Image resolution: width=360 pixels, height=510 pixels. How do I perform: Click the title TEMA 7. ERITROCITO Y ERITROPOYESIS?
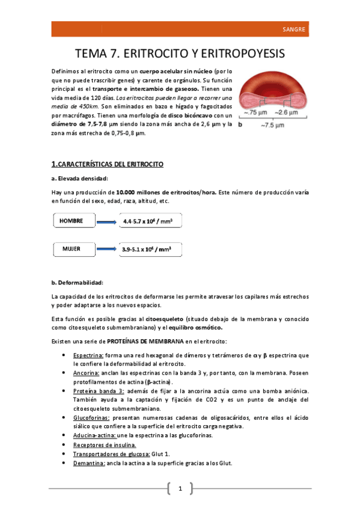pos(180,54)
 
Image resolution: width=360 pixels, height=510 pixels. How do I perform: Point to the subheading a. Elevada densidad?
pos(80,178)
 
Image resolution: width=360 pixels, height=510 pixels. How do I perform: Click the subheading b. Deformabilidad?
pos(78,283)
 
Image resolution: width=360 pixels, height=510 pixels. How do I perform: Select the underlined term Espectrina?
pos(88,355)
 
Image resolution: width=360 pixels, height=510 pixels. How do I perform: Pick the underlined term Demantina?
pos(88,463)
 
